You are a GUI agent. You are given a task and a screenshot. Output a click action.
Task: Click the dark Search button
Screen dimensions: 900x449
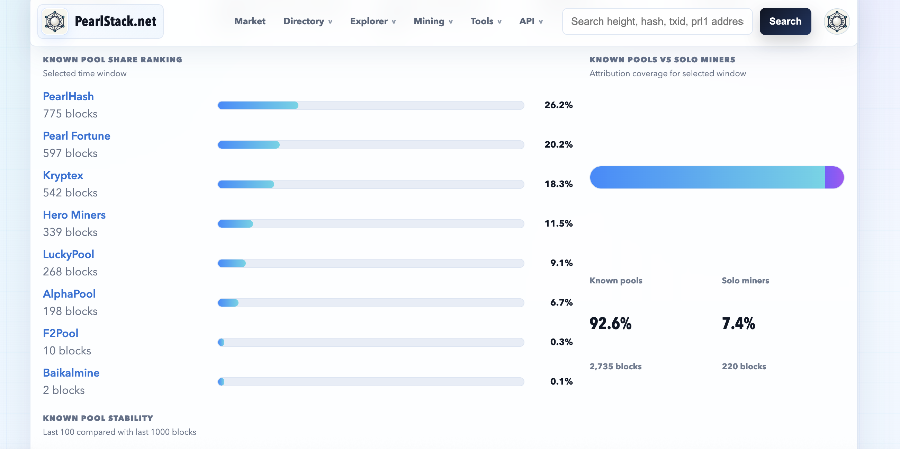tap(785, 21)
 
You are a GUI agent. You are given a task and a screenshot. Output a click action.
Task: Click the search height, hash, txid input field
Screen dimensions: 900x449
tap(657, 21)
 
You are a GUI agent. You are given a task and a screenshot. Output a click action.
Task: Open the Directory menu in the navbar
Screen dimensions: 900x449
tap(307, 21)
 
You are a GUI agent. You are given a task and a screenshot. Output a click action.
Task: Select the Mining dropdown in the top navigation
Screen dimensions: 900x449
tap(433, 21)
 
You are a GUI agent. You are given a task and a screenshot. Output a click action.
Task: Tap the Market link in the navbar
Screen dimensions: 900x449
tap(250, 21)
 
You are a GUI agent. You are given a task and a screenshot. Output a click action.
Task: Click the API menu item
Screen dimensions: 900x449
tap(531, 21)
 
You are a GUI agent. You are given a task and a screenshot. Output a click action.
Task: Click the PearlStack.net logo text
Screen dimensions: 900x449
tap(116, 21)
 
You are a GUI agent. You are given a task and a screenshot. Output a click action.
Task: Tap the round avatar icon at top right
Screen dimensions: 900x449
tap(837, 21)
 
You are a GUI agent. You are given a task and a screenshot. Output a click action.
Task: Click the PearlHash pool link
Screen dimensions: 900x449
tap(69, 96)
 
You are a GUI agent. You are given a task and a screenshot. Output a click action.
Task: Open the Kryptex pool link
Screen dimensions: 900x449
tap(63, 176)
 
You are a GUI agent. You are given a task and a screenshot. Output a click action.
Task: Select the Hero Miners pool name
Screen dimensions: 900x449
tap(74, 215)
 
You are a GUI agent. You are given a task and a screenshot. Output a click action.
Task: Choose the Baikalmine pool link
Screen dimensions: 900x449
tap(71, 373)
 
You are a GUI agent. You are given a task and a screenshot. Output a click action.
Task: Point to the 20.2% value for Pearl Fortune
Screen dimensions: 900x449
tap(558, 144)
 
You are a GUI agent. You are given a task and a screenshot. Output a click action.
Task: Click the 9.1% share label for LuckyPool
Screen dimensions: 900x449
tap(561, 263)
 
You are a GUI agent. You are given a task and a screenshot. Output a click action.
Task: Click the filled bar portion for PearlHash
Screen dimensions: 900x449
tap(258, 105)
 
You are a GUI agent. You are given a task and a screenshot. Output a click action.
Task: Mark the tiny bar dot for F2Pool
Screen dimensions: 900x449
tap(221, 342)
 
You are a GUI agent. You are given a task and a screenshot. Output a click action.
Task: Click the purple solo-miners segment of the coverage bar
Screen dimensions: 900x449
tap(834, 177)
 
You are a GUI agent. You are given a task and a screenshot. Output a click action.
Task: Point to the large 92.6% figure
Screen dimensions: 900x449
tap(610, 324)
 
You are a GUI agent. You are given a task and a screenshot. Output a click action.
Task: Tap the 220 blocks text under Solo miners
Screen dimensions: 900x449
tap(744, 367)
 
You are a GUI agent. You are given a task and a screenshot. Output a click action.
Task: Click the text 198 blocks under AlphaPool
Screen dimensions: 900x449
tap(70, 311)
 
